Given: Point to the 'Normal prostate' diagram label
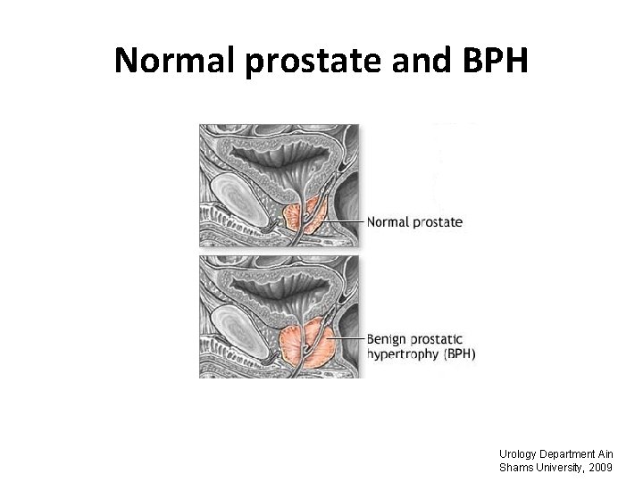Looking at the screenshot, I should click(414, 222).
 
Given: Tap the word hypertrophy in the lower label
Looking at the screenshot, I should click(404, 354).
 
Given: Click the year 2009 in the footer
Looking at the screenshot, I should click(597, 467).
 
